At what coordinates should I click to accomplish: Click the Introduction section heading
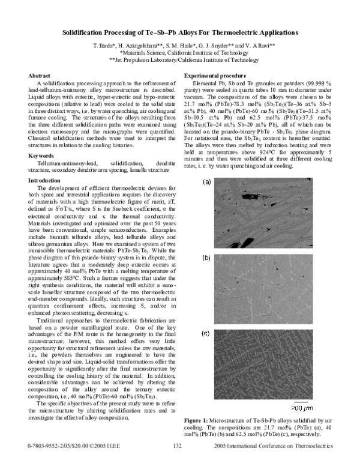(x=45, y=163)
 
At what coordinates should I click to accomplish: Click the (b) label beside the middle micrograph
(x=206, y=258)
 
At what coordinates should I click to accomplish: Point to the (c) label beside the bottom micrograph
(x=206, y=333)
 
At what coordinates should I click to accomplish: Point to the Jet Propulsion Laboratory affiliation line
(x=179, y=60)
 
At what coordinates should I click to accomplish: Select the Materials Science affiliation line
(x=179, y=53)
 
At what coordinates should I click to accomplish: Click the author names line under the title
(x=179, y=46)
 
